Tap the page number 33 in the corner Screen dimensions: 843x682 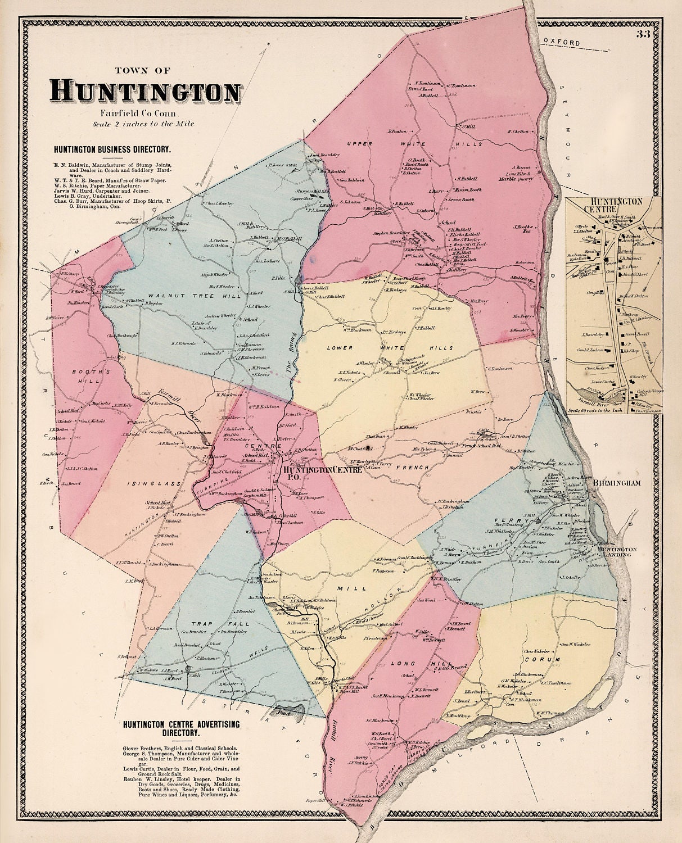click(x=644, y=34)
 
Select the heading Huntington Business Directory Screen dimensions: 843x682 click(x=112, y=150)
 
